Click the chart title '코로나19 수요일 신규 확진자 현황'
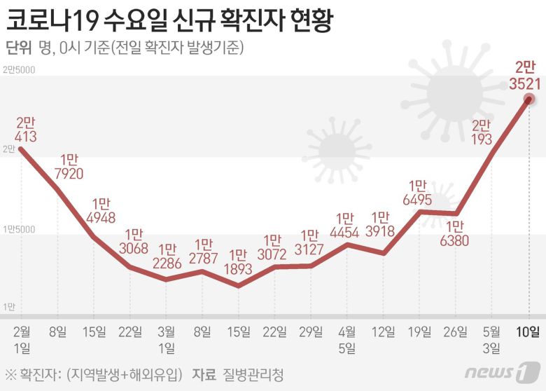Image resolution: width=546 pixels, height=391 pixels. coord(168,20)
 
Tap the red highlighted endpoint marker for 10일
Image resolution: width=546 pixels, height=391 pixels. coord(528,99)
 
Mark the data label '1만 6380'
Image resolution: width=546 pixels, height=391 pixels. coord(455,234)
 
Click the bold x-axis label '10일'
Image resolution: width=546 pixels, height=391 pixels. coord(528,331)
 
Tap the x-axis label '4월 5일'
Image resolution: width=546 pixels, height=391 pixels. coord(346,338)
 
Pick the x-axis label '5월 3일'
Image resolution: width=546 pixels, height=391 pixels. coord(491,338)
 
